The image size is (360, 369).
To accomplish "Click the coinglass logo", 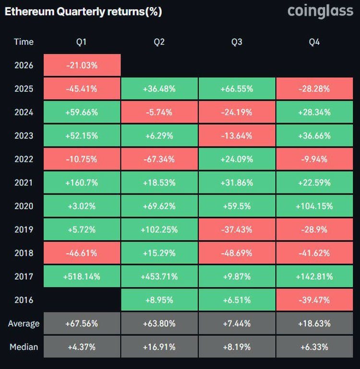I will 320,11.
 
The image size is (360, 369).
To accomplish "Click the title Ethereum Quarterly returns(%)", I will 83,12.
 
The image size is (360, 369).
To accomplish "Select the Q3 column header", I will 237,42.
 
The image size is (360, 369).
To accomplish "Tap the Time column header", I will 24,42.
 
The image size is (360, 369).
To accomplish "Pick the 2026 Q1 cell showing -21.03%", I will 82,65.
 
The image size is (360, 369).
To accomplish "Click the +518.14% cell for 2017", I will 82,276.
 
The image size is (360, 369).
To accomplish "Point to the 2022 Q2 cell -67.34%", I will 159,159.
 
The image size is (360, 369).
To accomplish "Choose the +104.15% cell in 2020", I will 314,206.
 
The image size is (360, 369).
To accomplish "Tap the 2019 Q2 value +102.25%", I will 159,229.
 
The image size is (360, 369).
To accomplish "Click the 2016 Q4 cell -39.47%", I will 314,300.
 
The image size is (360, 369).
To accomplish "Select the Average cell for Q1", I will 82,323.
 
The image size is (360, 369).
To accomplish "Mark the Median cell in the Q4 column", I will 314,347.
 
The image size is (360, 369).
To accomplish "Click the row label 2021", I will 24,182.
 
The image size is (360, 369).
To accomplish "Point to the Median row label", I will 24,347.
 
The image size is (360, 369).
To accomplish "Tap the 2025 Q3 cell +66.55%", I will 237,89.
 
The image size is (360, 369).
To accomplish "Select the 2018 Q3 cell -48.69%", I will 237,253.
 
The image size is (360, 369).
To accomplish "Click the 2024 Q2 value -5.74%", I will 159,112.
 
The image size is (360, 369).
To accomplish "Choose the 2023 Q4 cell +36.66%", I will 314,136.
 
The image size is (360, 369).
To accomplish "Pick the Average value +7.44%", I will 237,323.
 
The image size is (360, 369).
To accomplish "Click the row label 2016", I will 24,300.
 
